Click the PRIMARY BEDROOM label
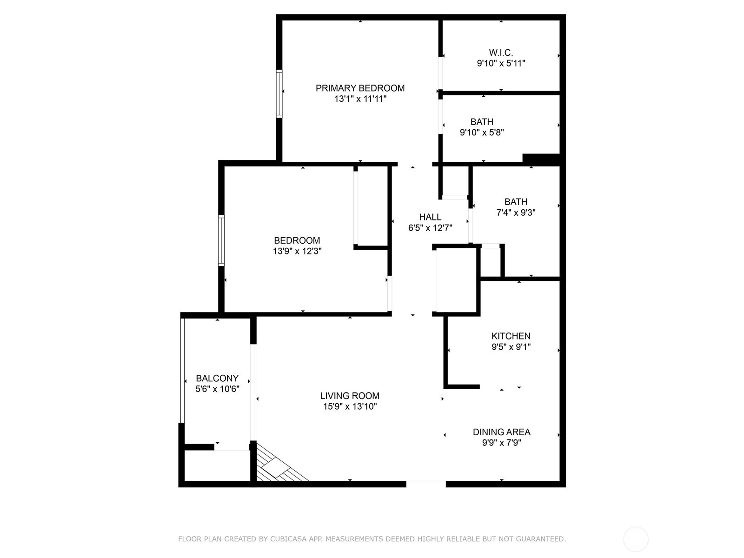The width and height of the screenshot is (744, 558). (360, 88)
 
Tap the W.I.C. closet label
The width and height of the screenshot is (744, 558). (501, 53)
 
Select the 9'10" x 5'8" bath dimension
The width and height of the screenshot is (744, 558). (482, 133)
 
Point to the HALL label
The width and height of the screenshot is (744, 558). (430, 217)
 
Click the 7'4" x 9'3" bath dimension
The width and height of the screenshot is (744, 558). (516, 213)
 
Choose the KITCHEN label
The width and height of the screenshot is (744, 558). (511, 336)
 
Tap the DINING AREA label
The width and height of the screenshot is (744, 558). (501, 432)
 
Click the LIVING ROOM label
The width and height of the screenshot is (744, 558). (350, 396)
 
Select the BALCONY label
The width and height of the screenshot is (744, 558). (217, 379)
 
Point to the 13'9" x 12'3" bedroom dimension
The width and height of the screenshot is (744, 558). (297, 252)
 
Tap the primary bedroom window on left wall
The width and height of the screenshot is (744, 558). (279, 93)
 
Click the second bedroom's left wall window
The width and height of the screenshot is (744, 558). (221, 240)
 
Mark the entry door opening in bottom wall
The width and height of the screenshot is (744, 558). (426, 484)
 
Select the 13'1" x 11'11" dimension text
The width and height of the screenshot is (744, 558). (360, 99)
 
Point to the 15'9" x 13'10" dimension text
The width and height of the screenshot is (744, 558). (350, 407)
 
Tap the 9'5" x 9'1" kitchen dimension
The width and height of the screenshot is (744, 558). (511, 347)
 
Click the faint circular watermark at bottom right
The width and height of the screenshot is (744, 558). (636, 539)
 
